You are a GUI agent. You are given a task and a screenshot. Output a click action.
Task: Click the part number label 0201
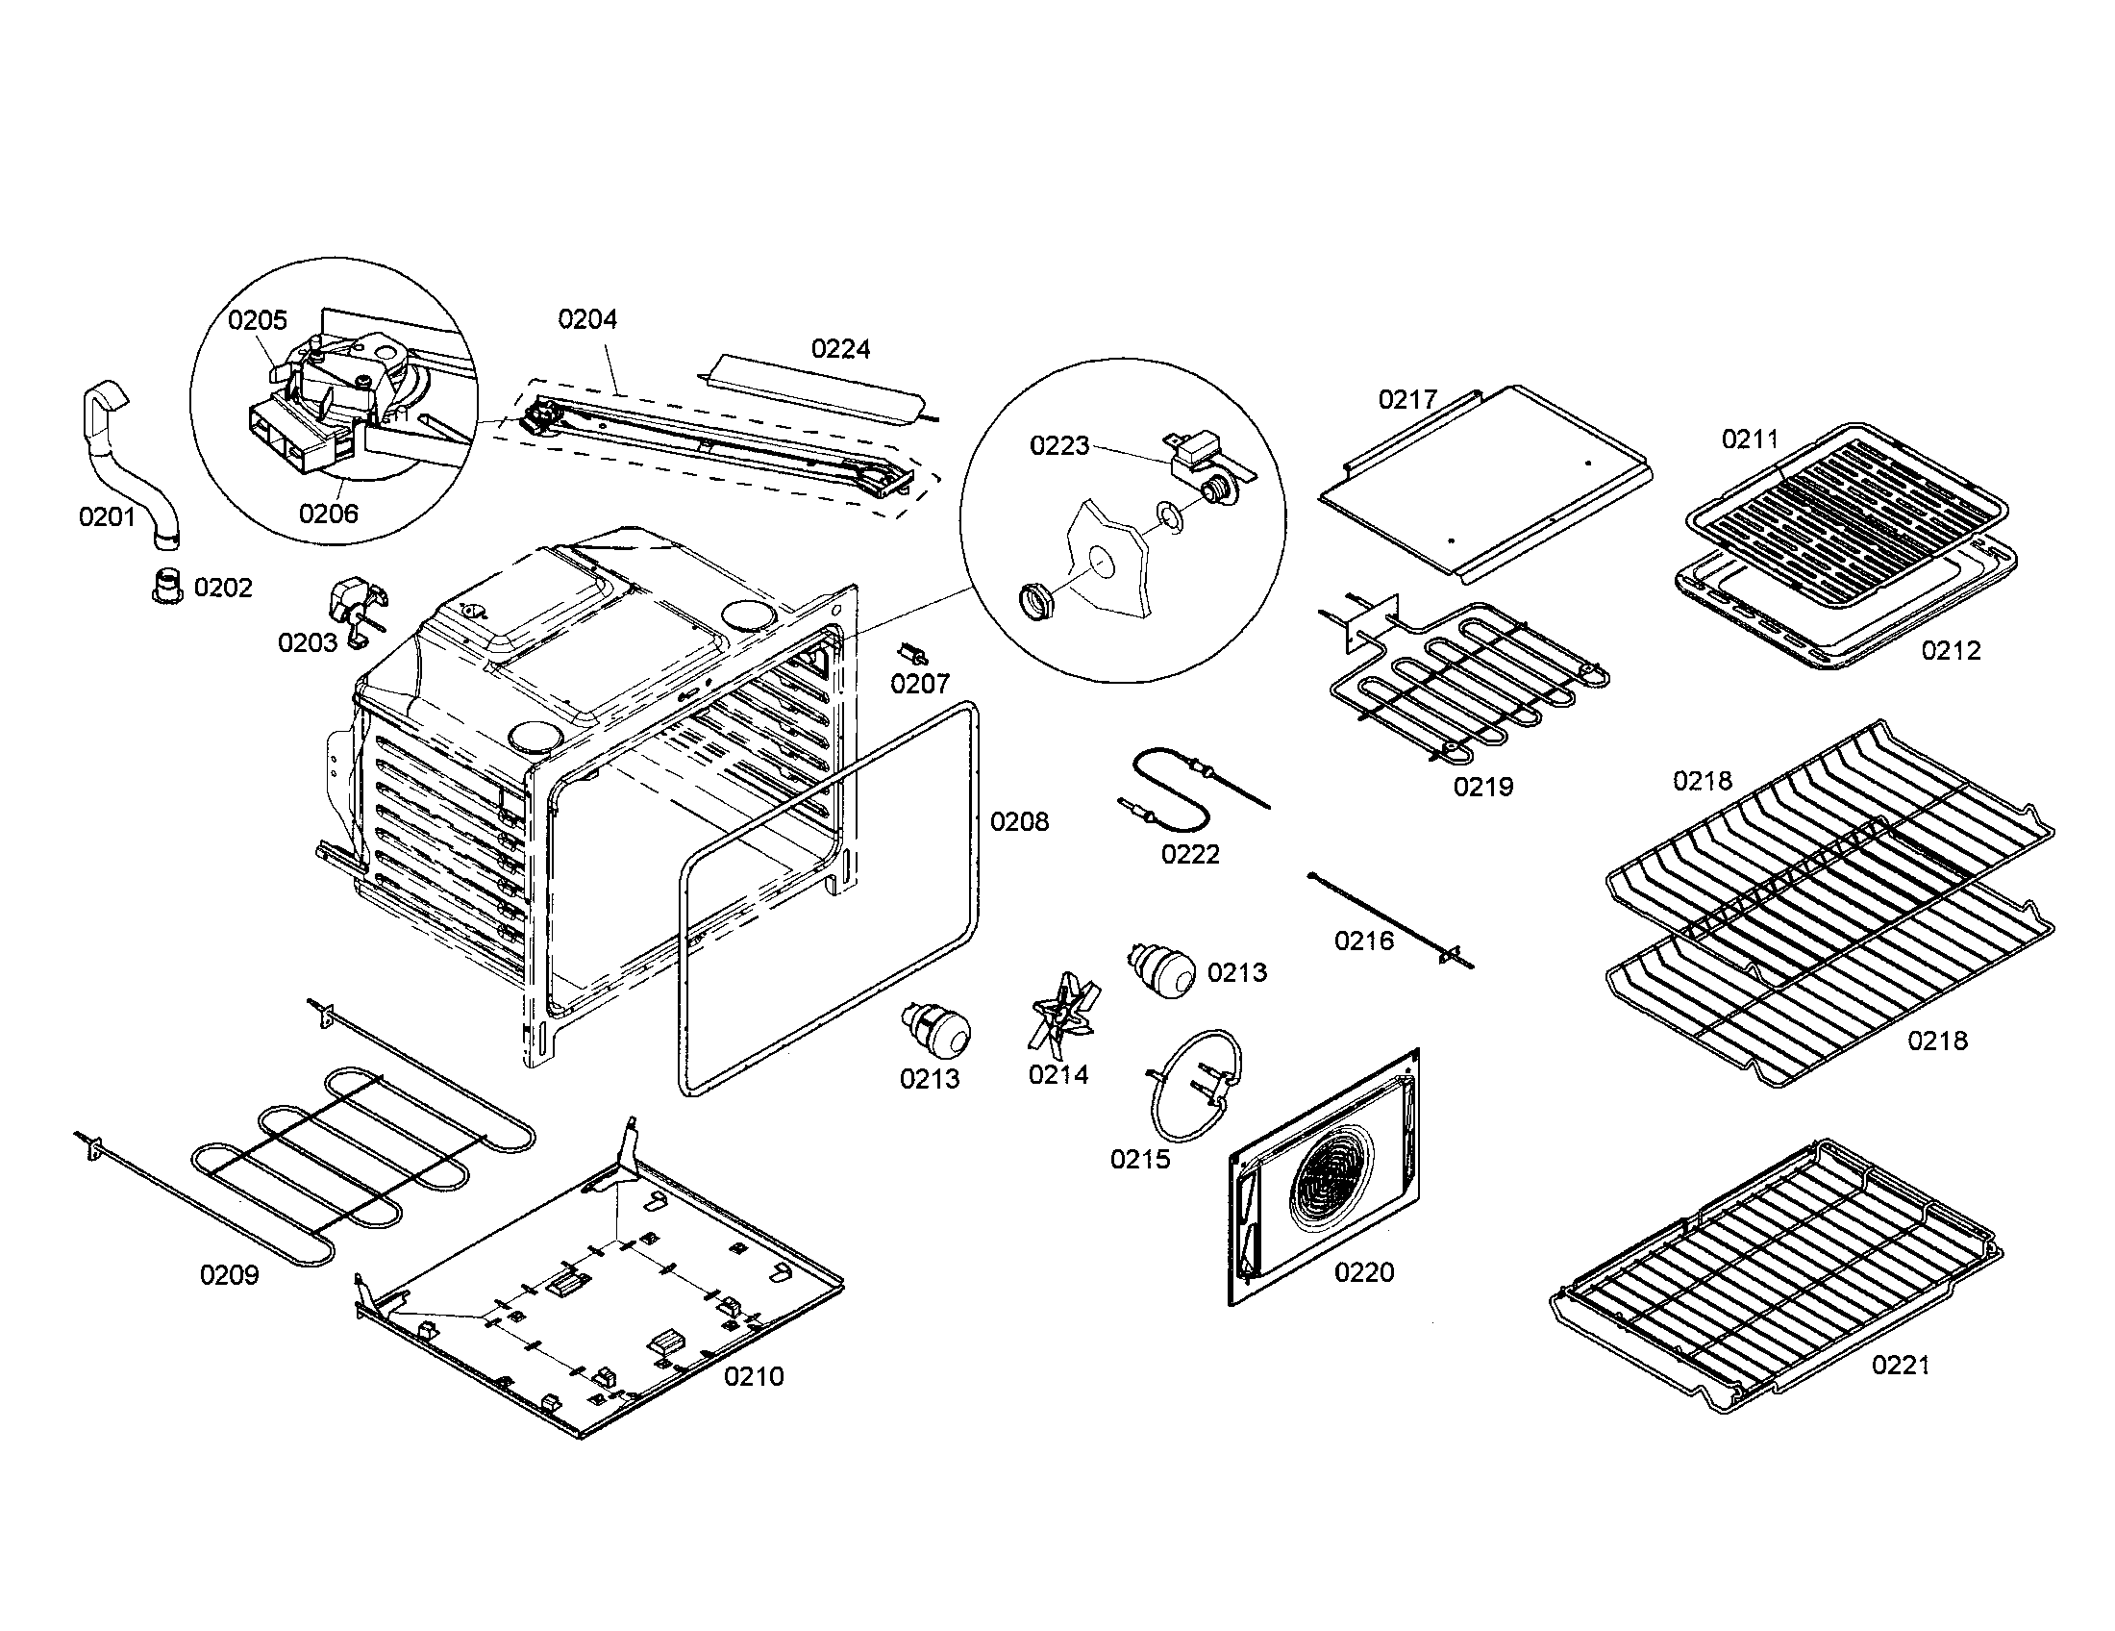click(107, 517)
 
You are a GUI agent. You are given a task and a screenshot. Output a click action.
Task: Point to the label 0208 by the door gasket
click(1019, 821)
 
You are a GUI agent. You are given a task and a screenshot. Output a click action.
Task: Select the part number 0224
click(840, 349)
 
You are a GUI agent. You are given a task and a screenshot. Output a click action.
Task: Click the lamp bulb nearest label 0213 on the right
click(1162, 967)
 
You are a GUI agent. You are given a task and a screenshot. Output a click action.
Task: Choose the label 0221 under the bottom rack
click(1901, 1366)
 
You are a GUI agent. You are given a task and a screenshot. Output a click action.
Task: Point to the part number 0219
click(1482, 787)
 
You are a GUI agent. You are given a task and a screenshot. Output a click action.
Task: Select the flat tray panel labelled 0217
click(1481, 485)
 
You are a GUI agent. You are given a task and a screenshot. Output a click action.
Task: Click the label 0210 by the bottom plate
click(755, 1376)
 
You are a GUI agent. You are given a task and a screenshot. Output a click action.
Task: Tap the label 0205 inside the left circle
click(258, 320)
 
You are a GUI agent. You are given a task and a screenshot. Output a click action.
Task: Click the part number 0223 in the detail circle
click(1059, 445)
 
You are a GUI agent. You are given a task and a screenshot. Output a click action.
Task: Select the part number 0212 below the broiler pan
click(1952, 651)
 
